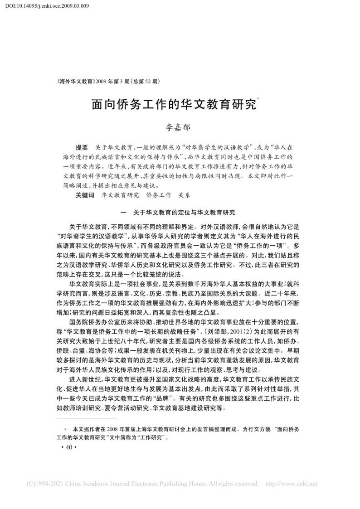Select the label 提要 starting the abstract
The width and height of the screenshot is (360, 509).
[83, 148]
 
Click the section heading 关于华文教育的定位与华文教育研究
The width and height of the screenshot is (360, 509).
[185, 212]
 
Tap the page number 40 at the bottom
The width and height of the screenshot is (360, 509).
[69, 447]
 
